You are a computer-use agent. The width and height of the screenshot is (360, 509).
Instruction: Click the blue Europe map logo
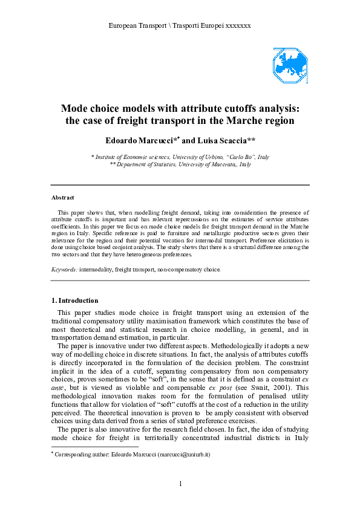tap(290, 66)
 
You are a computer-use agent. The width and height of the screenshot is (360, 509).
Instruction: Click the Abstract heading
tap(63, 198)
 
